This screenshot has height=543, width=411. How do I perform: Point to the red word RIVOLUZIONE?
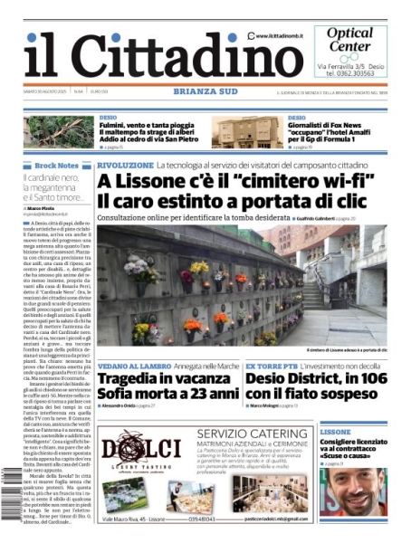pos(126,166)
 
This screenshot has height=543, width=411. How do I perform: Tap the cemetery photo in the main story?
pos(244,290)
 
